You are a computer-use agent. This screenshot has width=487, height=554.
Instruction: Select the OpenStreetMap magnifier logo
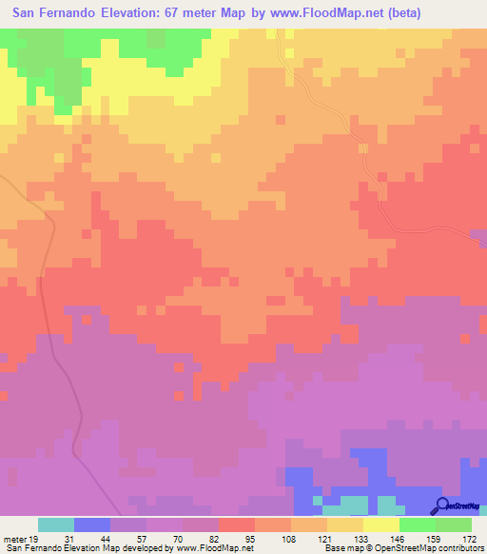click(440, 506)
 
